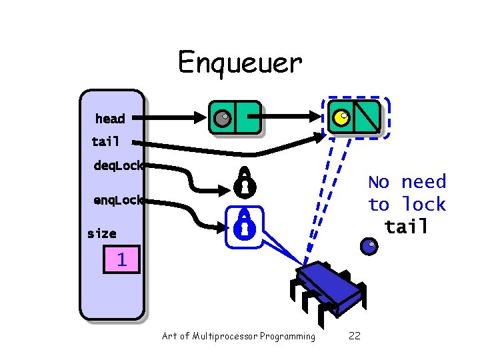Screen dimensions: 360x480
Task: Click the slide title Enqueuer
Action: click(239, 63)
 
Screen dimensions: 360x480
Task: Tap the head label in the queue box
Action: click(110, 119)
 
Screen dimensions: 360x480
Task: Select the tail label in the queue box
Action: click(105, 141)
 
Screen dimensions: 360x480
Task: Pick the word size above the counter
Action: click(101, 233)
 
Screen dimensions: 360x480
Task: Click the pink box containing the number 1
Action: click(122, 259)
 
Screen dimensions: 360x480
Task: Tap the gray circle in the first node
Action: click(221, 119)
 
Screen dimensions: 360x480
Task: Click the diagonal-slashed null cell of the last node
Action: click(367, 116)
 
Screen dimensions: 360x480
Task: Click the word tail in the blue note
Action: click(406, 227)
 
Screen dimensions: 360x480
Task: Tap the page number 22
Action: click(355, 336)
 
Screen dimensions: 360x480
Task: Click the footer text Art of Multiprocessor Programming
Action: click(239, 336)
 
